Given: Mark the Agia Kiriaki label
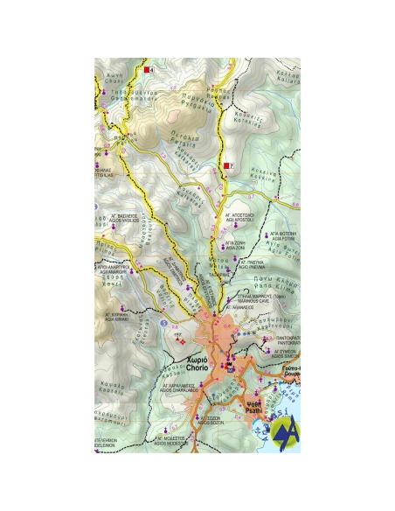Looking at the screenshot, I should coord(118,318).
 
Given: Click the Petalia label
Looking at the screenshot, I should coord(180,137).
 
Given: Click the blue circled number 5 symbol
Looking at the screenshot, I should coord(164,323).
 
